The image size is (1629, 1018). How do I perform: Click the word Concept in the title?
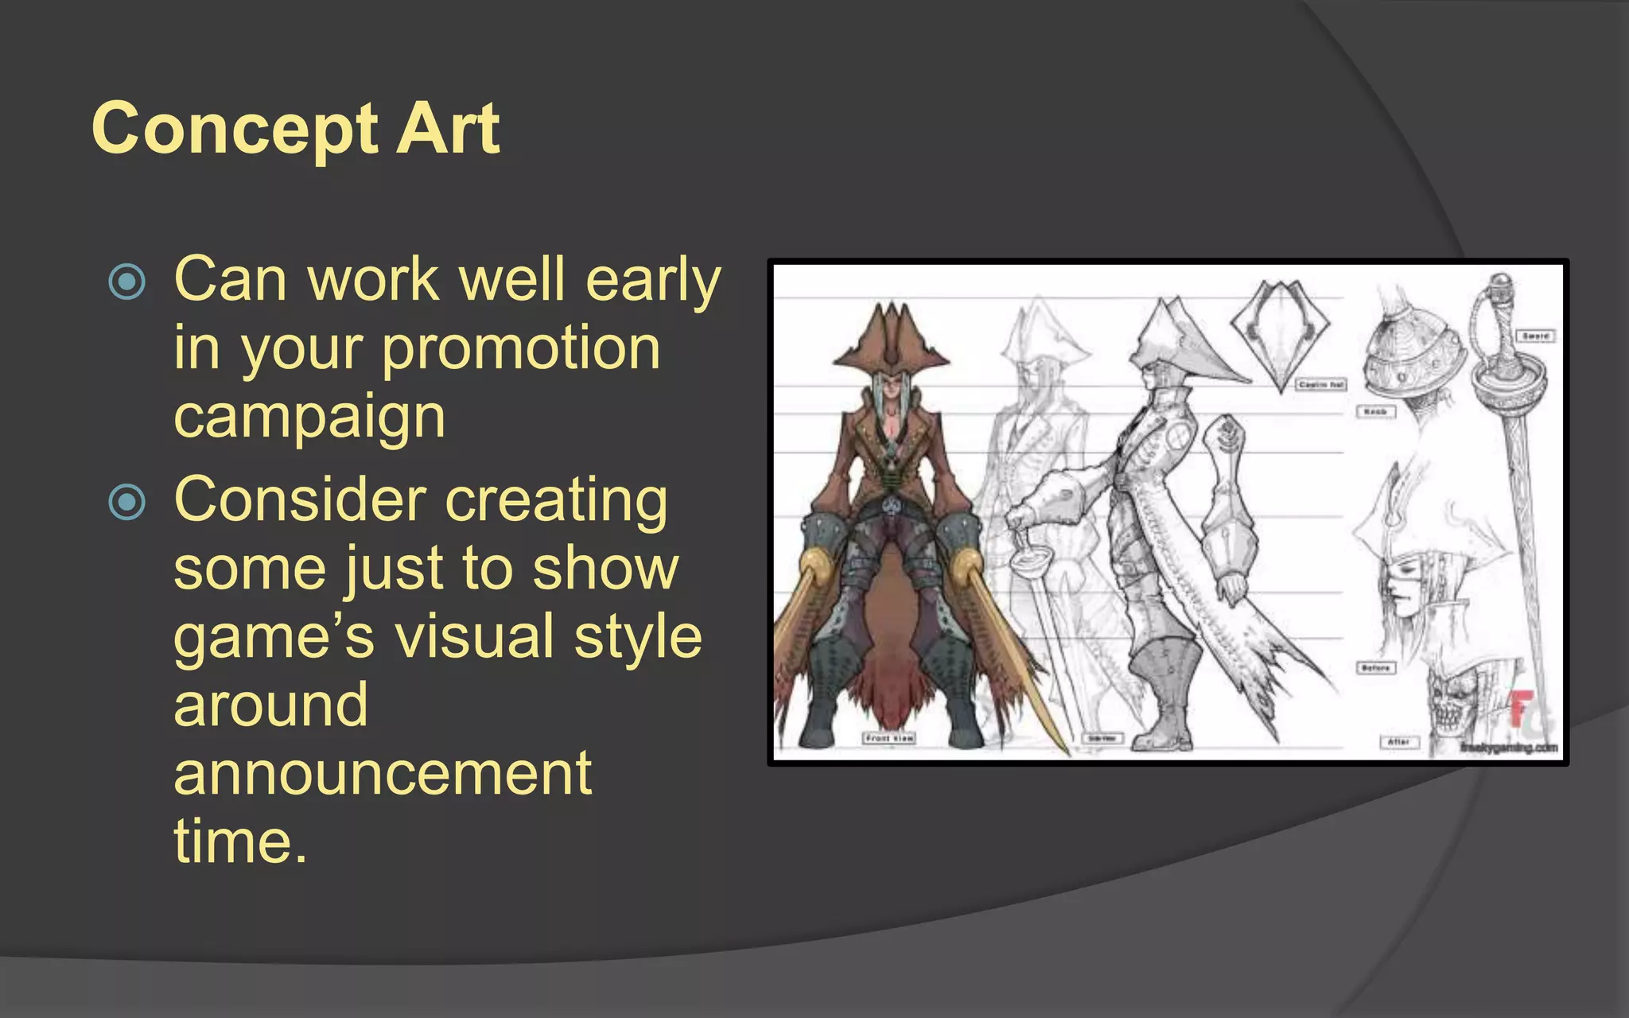click(x=234, y=130)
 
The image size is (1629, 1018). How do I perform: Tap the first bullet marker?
click(x=127, y=282)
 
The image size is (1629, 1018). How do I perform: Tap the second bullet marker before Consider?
click(x=127, y=502)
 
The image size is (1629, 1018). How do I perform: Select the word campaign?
click(x=309, y=417)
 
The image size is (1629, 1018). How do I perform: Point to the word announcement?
click(x=383, y=773)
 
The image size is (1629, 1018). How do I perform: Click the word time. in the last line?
click(x=240, y=841)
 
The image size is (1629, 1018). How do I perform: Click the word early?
click(x=653, y=280)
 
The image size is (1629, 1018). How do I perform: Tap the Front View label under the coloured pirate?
click(x=889, y=738)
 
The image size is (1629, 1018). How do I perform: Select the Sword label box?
click(x=1535, y=336)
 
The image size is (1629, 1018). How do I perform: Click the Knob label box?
click(x=1375, y=411)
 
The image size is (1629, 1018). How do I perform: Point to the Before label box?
click(x=1375, y=667)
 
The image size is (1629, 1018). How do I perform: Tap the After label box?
click(x=1398, y=742)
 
